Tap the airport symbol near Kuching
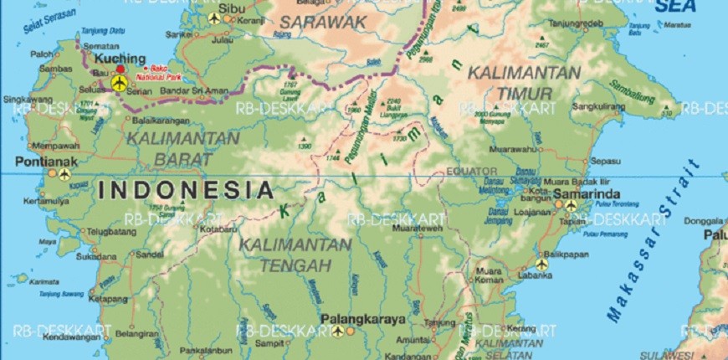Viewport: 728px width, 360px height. pos(119,83)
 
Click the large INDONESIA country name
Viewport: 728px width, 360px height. pos(186,190)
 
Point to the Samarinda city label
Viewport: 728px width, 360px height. pos(592,195)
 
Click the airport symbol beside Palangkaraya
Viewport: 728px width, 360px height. pos(337,331)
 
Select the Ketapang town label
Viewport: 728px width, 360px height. pos(106,297)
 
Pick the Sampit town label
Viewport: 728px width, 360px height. pos(270,343)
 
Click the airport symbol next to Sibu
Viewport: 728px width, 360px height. pos(215,17)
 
